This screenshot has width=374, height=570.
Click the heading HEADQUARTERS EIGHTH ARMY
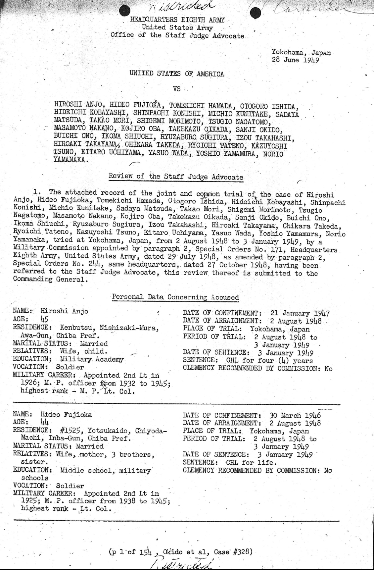(177, 20)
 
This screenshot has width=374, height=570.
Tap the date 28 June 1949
(295, 60)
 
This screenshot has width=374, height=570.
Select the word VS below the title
(177, 89)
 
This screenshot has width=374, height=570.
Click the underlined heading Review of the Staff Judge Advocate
(176, 177)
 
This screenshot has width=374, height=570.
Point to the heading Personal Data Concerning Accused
(175, 297)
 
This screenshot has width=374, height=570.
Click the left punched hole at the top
(125, 11)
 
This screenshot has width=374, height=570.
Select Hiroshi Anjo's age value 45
(44, 319)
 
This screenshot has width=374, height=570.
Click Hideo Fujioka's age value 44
(45, 422)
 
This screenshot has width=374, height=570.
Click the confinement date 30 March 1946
(295, 415)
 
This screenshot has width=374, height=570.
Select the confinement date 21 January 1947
(300, 313)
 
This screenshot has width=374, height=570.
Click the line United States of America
(177, 74)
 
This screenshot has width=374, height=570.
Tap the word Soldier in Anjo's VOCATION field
(70, 367)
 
